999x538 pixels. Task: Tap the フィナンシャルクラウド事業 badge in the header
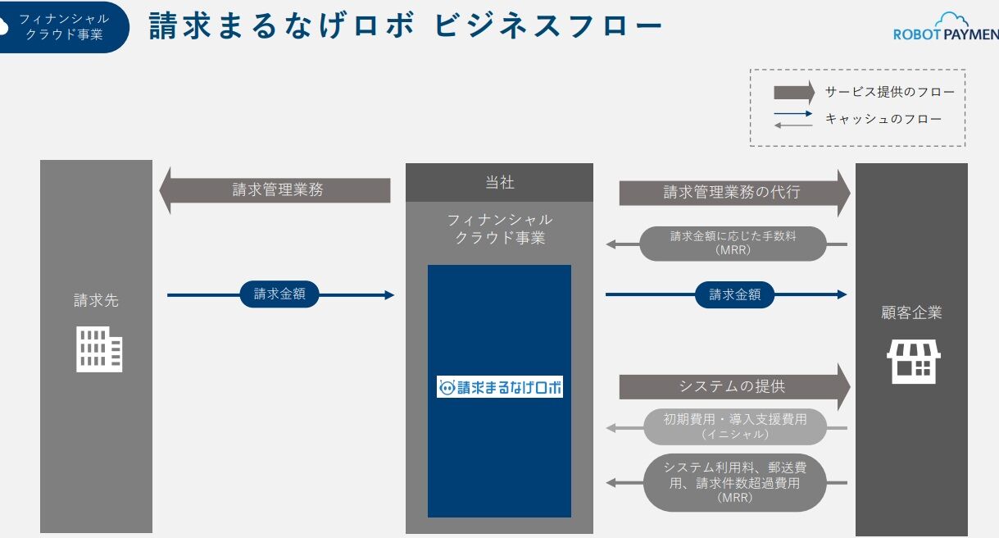point(64,27)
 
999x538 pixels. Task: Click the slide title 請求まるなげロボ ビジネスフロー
point(405,27)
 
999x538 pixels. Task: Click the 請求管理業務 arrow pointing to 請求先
point(277,190)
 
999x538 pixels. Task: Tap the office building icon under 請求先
point(98,349)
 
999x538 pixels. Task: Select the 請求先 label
point(96,300)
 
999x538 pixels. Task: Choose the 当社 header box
point(499,182)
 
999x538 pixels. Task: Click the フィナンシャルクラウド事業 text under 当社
point(499,229)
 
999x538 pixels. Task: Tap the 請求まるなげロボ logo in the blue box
point(499,387)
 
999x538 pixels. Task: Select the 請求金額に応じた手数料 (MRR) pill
point(733,244)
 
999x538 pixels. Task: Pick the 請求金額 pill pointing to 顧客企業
point(734,294)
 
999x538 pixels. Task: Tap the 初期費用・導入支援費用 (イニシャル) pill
point(734,426)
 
